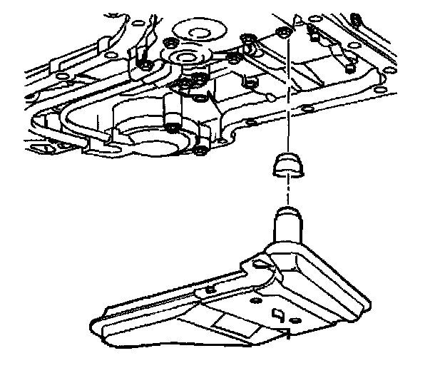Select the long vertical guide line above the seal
coord(289,93)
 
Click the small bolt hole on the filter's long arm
coord(210,289)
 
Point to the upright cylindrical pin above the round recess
coord(171,111)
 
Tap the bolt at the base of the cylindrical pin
coord(174,128)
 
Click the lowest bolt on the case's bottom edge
coord(200,150)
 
